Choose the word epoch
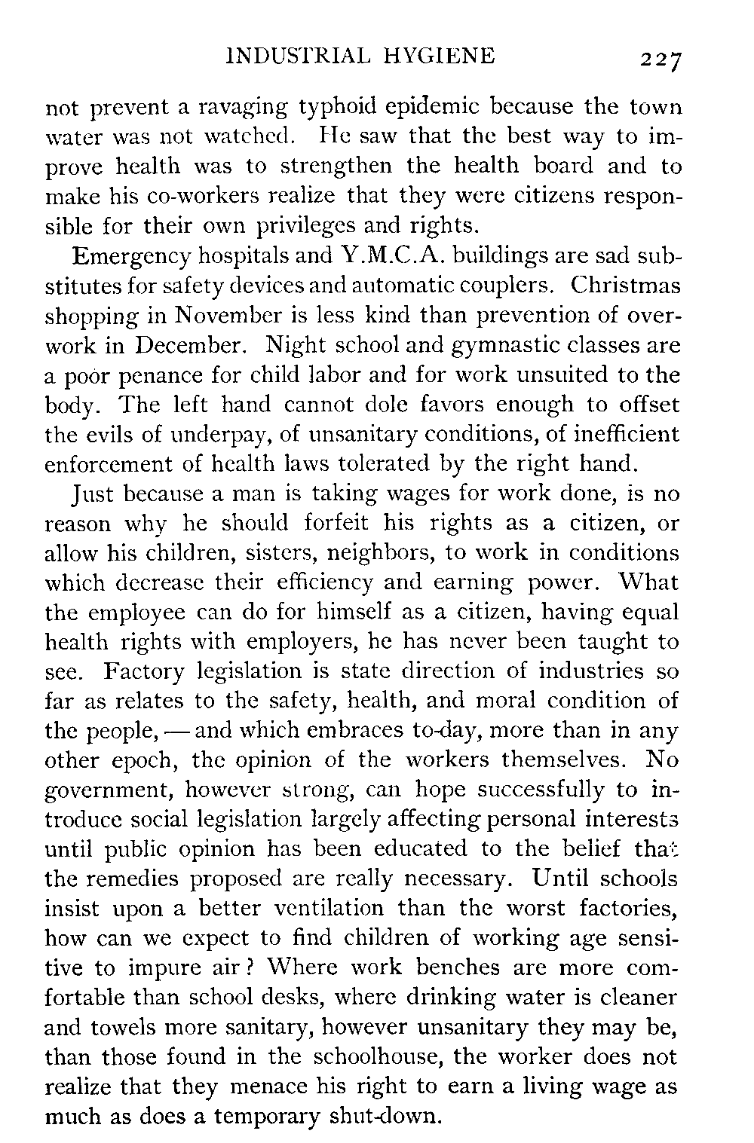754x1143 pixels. click(139, 760)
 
